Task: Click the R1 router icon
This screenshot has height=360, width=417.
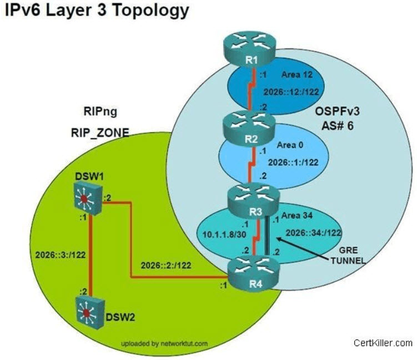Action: (249, 50)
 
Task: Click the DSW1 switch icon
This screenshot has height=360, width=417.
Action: (88, 200)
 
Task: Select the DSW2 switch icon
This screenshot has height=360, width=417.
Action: (90, 313)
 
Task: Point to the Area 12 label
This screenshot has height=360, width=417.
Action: (297, 75)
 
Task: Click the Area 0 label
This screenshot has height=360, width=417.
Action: (290, 145)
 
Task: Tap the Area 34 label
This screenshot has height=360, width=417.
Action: (297, 215)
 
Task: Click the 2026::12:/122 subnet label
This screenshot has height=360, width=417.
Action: (291, 92)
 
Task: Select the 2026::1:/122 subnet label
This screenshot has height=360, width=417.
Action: (293, 163)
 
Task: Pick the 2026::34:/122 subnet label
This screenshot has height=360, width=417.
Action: (314, 233)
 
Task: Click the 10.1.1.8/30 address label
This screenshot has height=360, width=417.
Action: (224, 235)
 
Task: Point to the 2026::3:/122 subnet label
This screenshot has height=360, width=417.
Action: (61, 255)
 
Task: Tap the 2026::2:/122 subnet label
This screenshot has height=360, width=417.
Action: (166, 265)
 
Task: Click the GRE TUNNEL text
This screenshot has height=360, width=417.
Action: (348, 255)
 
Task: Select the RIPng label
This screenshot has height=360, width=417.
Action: (101, 111)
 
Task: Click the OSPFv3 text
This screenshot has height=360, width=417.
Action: (337, 111)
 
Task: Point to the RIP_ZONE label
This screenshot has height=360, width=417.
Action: (100, 133)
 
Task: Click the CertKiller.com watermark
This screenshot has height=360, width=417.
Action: (383, 343)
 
